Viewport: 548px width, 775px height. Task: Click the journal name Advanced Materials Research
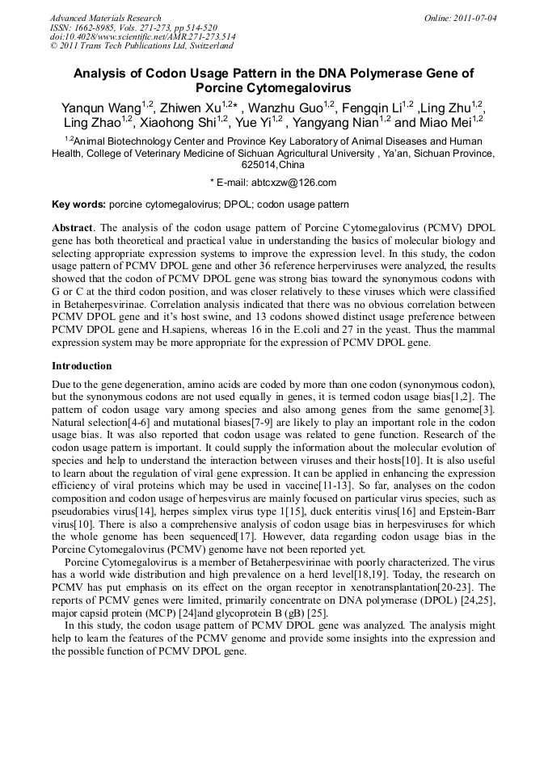click(x=105, y=18)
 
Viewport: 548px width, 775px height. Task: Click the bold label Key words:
click(x=78, y=205)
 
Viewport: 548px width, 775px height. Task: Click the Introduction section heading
click(x=82, y=366)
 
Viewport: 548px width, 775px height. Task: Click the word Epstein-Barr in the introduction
click(x=467, y=512)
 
